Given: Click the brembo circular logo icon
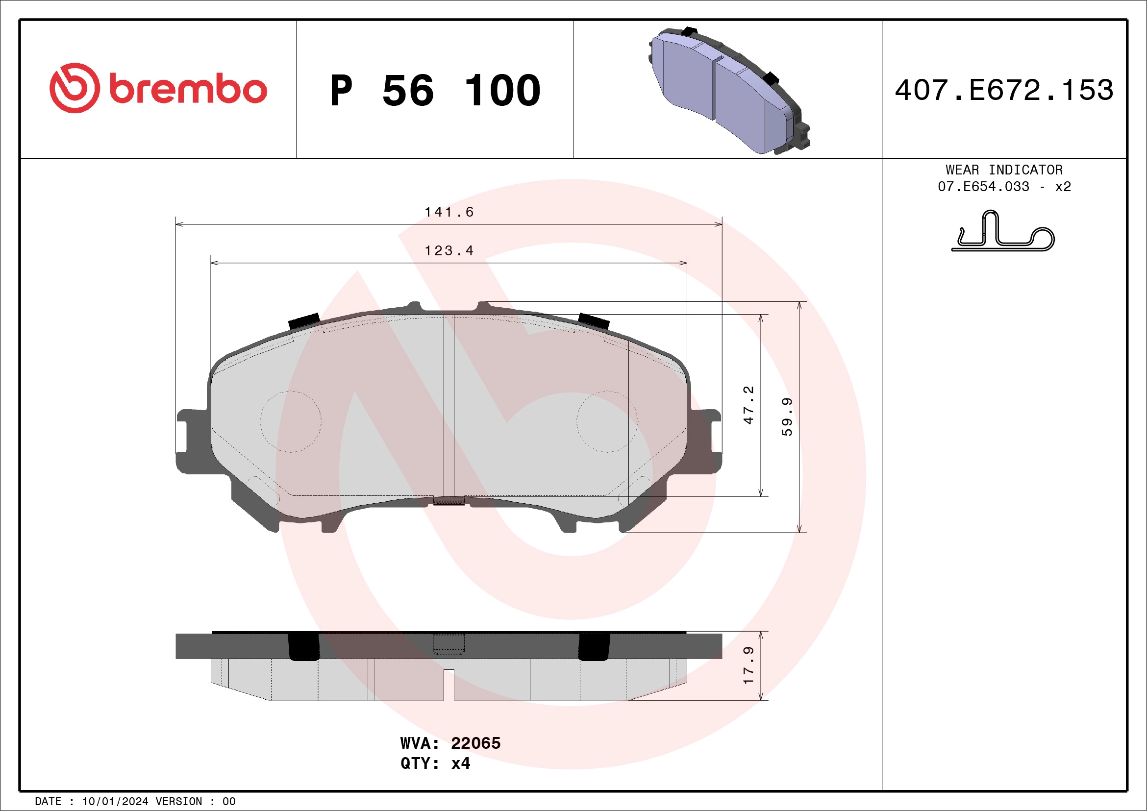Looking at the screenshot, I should click(x=75, y=88).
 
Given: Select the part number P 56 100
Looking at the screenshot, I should click(x=435, y=90).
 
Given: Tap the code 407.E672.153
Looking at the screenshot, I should click(x=1004, y=90).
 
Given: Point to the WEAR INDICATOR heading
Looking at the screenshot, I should click(x=1004, y=170).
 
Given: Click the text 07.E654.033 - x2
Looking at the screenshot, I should click(x=1004, y=187).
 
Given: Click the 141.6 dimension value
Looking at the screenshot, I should click(x=449, y=212).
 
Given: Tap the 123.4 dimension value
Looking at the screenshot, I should click(x=449, y=251).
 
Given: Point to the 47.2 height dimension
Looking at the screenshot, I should click(x=748, y=405).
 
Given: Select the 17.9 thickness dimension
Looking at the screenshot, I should click(x=748, y=665).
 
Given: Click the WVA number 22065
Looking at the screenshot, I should click(x=475, y=743).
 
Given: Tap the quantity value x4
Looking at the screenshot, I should click(x=460, y=763).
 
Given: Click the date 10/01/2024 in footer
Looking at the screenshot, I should click(x=115, y=802).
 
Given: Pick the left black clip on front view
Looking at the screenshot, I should click(x=304, y=320).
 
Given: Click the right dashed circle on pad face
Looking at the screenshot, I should click(x=607, y=421).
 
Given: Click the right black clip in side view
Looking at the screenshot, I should click(x=594, y=647).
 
